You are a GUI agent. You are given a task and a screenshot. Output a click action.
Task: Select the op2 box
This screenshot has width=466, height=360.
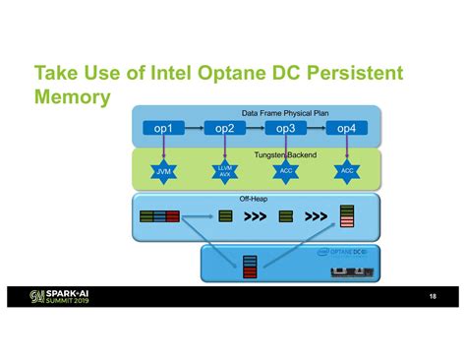point(224,128)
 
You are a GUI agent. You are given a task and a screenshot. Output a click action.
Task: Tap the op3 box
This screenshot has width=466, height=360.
point(285,128)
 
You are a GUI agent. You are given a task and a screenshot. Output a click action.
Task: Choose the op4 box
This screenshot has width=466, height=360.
point(346,128)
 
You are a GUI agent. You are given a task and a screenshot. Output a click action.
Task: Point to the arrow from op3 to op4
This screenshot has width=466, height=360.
point(316,128)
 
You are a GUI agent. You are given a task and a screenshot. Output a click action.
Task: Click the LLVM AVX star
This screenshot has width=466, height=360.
point(224,172)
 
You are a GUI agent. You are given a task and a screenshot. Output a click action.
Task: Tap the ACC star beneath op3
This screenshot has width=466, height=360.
point(285,172)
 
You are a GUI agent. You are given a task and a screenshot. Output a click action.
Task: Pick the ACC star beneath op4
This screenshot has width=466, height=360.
point(346,172)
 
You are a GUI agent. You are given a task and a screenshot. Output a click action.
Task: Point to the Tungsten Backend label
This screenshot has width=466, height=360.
point(285,155)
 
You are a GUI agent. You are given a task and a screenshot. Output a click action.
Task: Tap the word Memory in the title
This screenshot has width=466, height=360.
point(71,98)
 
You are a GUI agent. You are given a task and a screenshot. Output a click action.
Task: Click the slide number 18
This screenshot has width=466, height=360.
point(432,296)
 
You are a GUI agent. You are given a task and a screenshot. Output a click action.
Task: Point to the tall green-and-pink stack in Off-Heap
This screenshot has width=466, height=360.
point(346,216)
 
